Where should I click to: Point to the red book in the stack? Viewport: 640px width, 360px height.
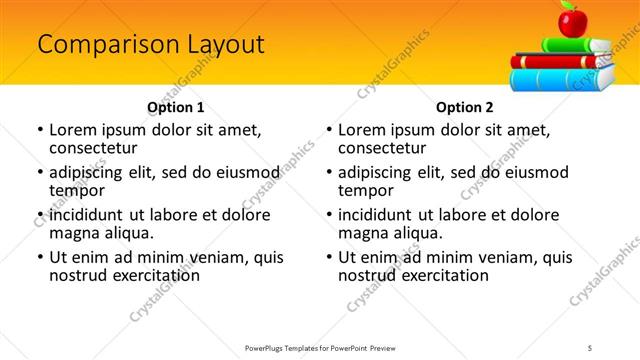pyautogui.click(x=560, y=60)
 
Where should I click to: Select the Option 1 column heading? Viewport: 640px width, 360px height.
pyautogui.click(x=175, y=107)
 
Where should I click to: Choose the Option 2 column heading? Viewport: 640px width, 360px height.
pyautogui.click(x=465, y=107)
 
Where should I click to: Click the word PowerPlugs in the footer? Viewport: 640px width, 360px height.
pyautogui.click(x=267, y=347)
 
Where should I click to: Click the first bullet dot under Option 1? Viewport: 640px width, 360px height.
pyautogui.click(x=40, y=130)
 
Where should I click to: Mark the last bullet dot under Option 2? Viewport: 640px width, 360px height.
pyautogui.click(x=329, y=257)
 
